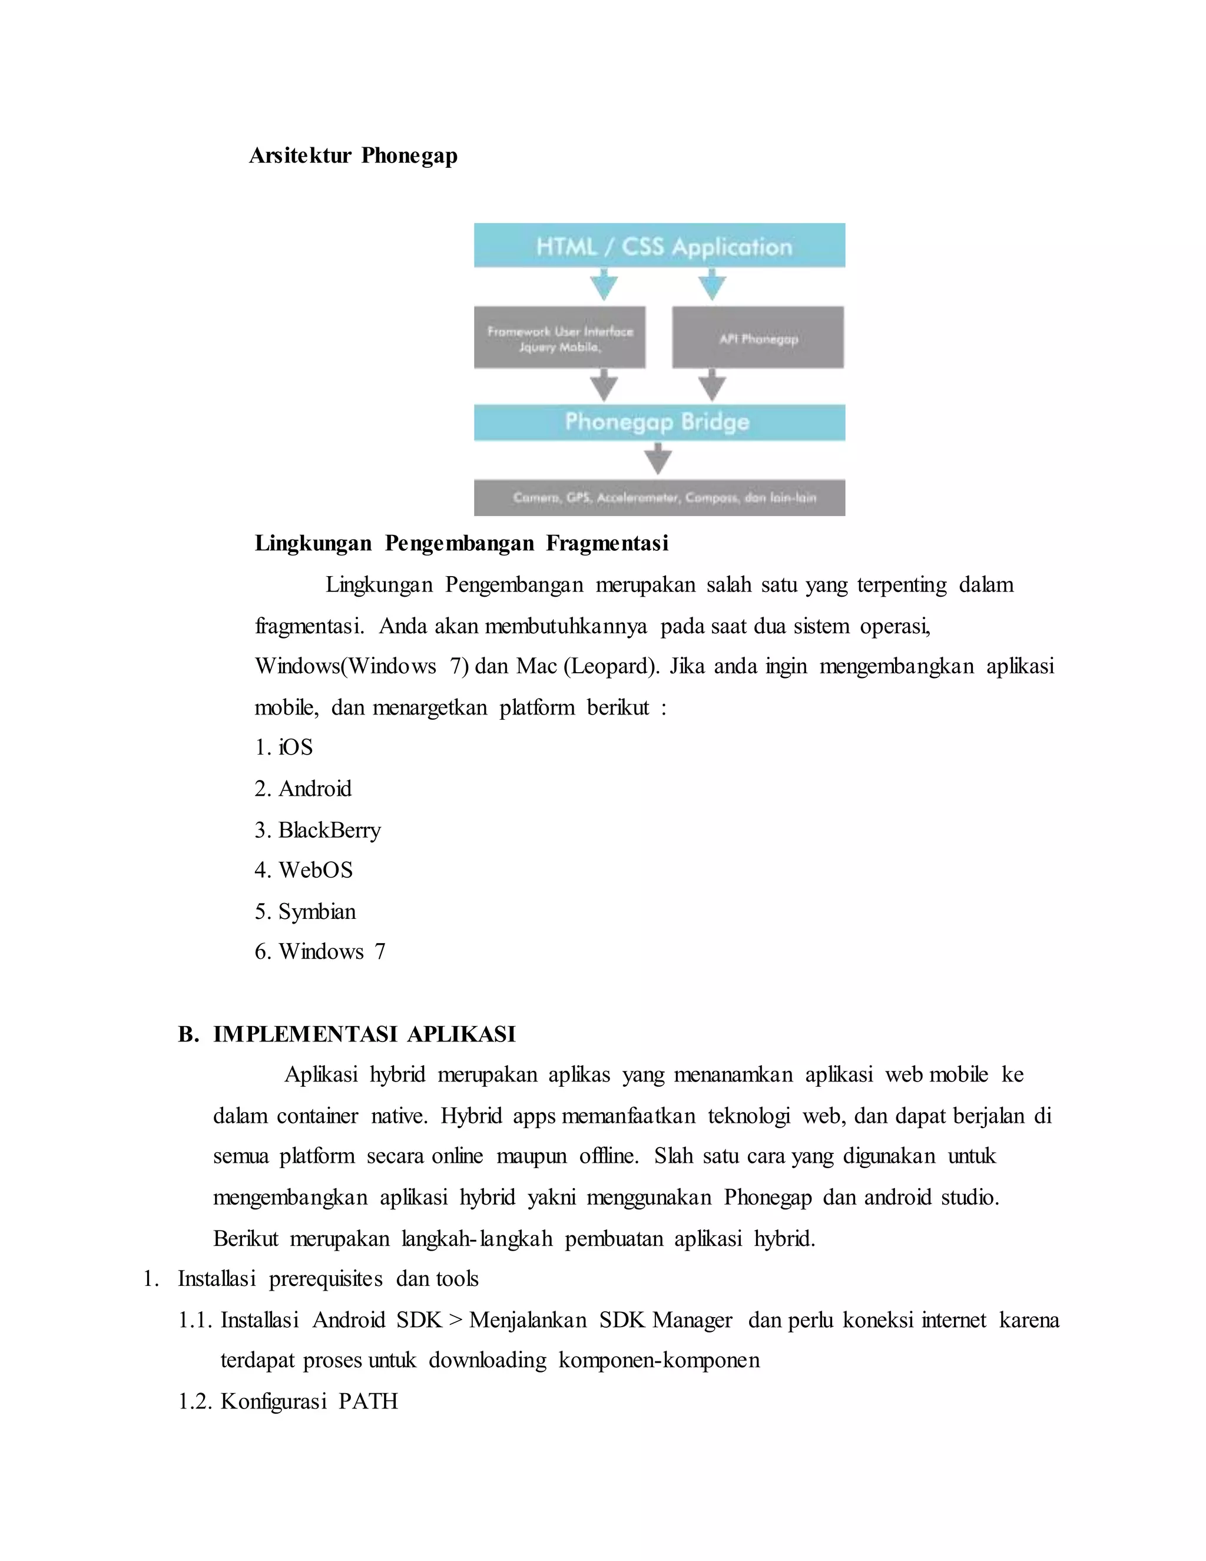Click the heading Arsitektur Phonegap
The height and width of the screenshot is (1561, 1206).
click(353, 156)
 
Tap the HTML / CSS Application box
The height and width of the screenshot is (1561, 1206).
click(659, 246)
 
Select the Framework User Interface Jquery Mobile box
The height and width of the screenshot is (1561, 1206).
click(559, 338)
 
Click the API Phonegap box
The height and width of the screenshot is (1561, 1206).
click(757, 338)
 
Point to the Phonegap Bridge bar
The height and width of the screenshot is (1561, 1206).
click(659, 422)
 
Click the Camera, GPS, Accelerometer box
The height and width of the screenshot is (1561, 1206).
click(659, 498)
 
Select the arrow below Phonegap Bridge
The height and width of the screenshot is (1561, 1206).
click(658, 458)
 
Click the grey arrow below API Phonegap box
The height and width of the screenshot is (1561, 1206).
click(711, 385)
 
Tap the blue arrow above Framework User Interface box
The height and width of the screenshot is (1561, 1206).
click(604, 285)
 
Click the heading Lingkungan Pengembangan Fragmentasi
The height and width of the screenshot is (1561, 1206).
click(462, 544)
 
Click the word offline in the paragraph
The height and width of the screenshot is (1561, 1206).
click(608, 1156)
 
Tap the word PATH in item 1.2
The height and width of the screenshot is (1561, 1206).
click(368, 1401)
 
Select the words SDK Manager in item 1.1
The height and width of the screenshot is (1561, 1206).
click(666, 1320)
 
